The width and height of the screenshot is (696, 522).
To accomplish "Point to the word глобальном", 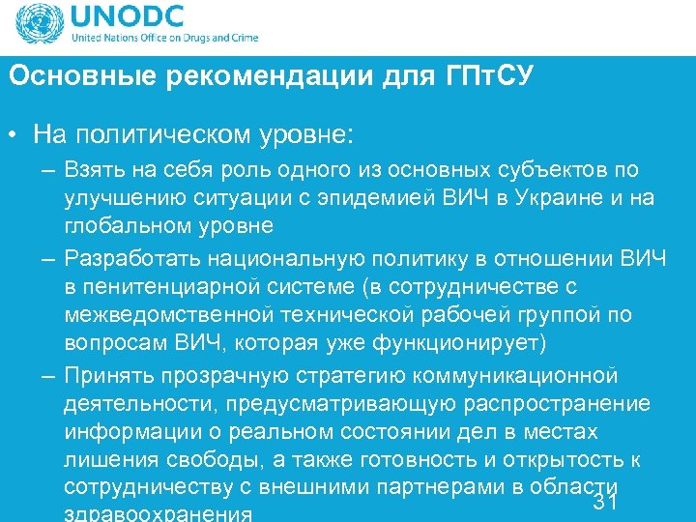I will [x=131, y=225].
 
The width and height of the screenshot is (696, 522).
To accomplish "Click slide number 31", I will [x=605, y=503].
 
